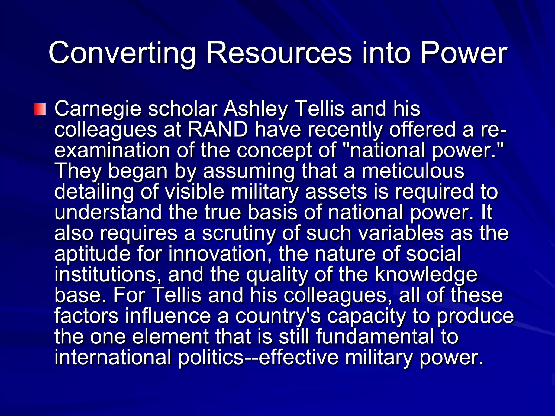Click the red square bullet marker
point(40,109)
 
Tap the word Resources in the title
point(279,53)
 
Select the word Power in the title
point(463,53)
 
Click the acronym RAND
point(217,130)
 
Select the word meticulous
point(413,171)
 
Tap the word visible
point(195,192)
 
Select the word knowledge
point(426,275)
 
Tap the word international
point(113,357)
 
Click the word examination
point(112,151)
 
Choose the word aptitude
point(92,254)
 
